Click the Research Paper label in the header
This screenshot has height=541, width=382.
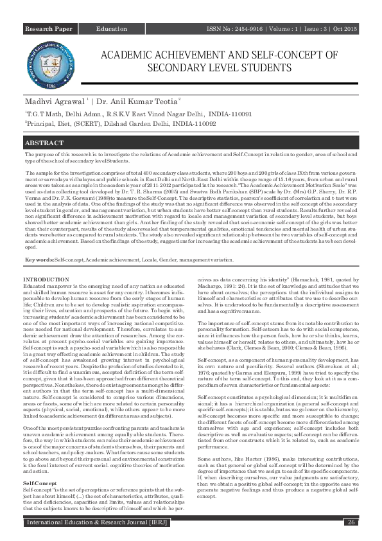click(x=49, y=30)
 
